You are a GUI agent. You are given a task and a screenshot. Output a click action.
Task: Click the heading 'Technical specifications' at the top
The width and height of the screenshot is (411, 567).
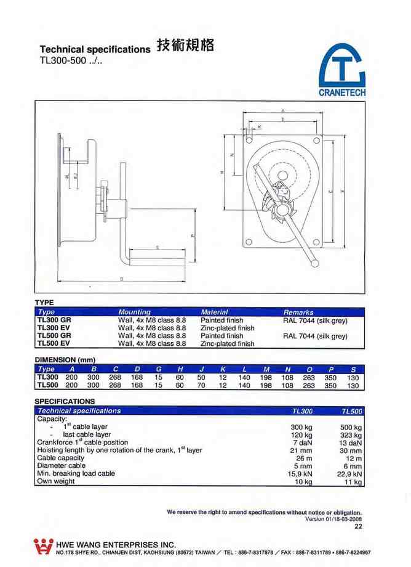click(x=94, y=49)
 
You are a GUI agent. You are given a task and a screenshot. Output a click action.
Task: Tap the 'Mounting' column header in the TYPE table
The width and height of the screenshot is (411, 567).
click(x=134, y=312)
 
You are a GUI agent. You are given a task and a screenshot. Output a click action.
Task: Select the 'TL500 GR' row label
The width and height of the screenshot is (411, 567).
click(x=55, y=336)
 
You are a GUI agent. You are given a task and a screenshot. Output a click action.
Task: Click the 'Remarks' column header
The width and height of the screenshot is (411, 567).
click(x=298, y=312)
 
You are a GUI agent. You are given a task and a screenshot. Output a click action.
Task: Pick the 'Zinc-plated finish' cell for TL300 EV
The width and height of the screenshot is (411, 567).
click(x=227, y=328)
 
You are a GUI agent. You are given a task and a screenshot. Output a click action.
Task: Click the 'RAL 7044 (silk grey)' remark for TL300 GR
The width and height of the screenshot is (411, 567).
click(x=315, y=320)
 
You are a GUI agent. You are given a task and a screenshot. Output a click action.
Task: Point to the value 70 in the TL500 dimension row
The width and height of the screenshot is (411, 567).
click(x=201, y=385)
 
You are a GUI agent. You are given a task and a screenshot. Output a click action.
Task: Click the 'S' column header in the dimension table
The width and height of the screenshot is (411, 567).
click(x=353, y=369)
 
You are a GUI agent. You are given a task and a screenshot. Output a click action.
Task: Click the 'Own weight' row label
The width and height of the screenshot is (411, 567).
click(x=56, y=481)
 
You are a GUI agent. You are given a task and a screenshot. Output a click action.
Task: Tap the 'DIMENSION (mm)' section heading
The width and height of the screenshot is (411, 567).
click(x=65, y=359)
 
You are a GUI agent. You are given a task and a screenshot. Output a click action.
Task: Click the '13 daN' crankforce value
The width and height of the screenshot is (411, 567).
click(x=349, y=443)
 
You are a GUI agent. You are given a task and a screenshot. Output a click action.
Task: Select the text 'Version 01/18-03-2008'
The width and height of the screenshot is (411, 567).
click(x=333, y=518)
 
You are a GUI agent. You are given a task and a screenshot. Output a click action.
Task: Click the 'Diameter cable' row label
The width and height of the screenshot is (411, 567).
click(x=62, y=466)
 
